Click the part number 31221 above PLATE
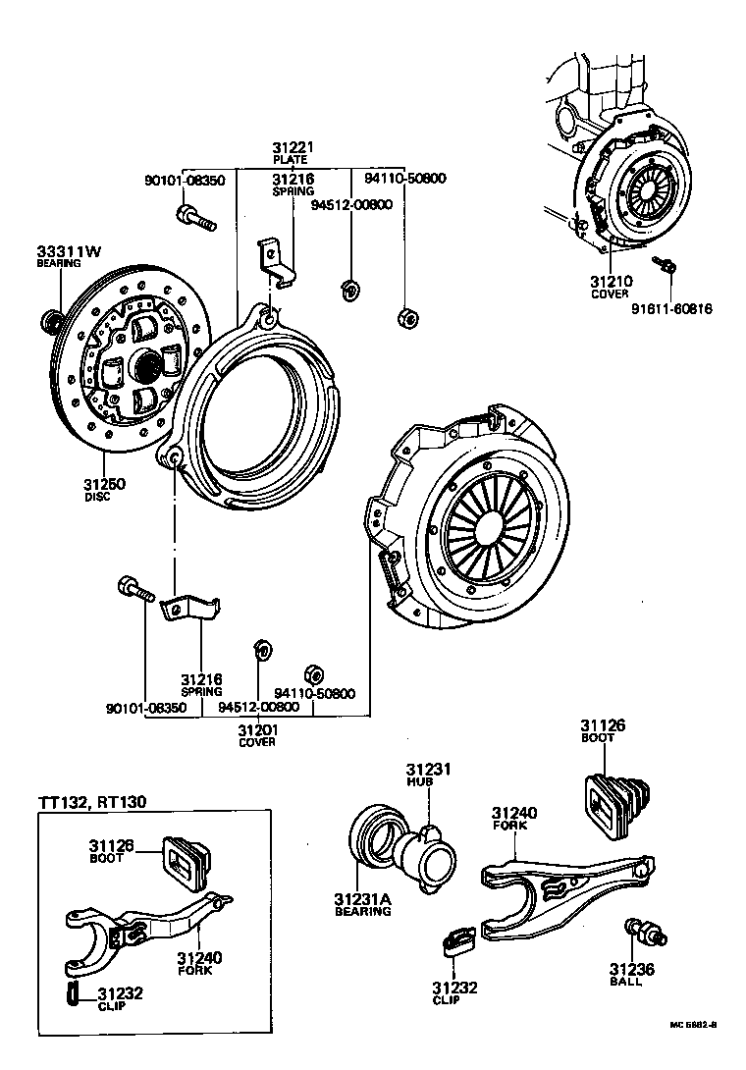(293, 147)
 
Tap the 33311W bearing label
(69, 251)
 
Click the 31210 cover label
(612, 282)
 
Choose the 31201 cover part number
(257, 729)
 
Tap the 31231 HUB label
(428, 769)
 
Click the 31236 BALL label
(625, 968)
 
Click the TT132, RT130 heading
(92, 802)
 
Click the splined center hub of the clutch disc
(147, 367)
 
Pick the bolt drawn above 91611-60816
(666, 263)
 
